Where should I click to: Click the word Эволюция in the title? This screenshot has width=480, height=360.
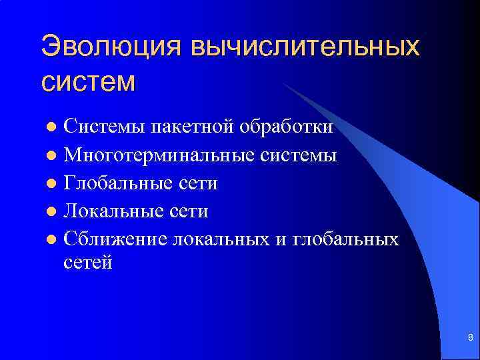(x=111, y=48)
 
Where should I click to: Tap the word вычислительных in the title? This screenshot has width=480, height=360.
(x=306, y=48)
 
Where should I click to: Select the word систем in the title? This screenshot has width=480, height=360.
(x=88, y=81)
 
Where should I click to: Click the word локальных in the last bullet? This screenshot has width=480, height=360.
(x=221, y=239)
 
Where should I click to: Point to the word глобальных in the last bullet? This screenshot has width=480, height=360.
(x=345, y=239)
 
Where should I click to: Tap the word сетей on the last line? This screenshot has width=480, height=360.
(x=88, y=263)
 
